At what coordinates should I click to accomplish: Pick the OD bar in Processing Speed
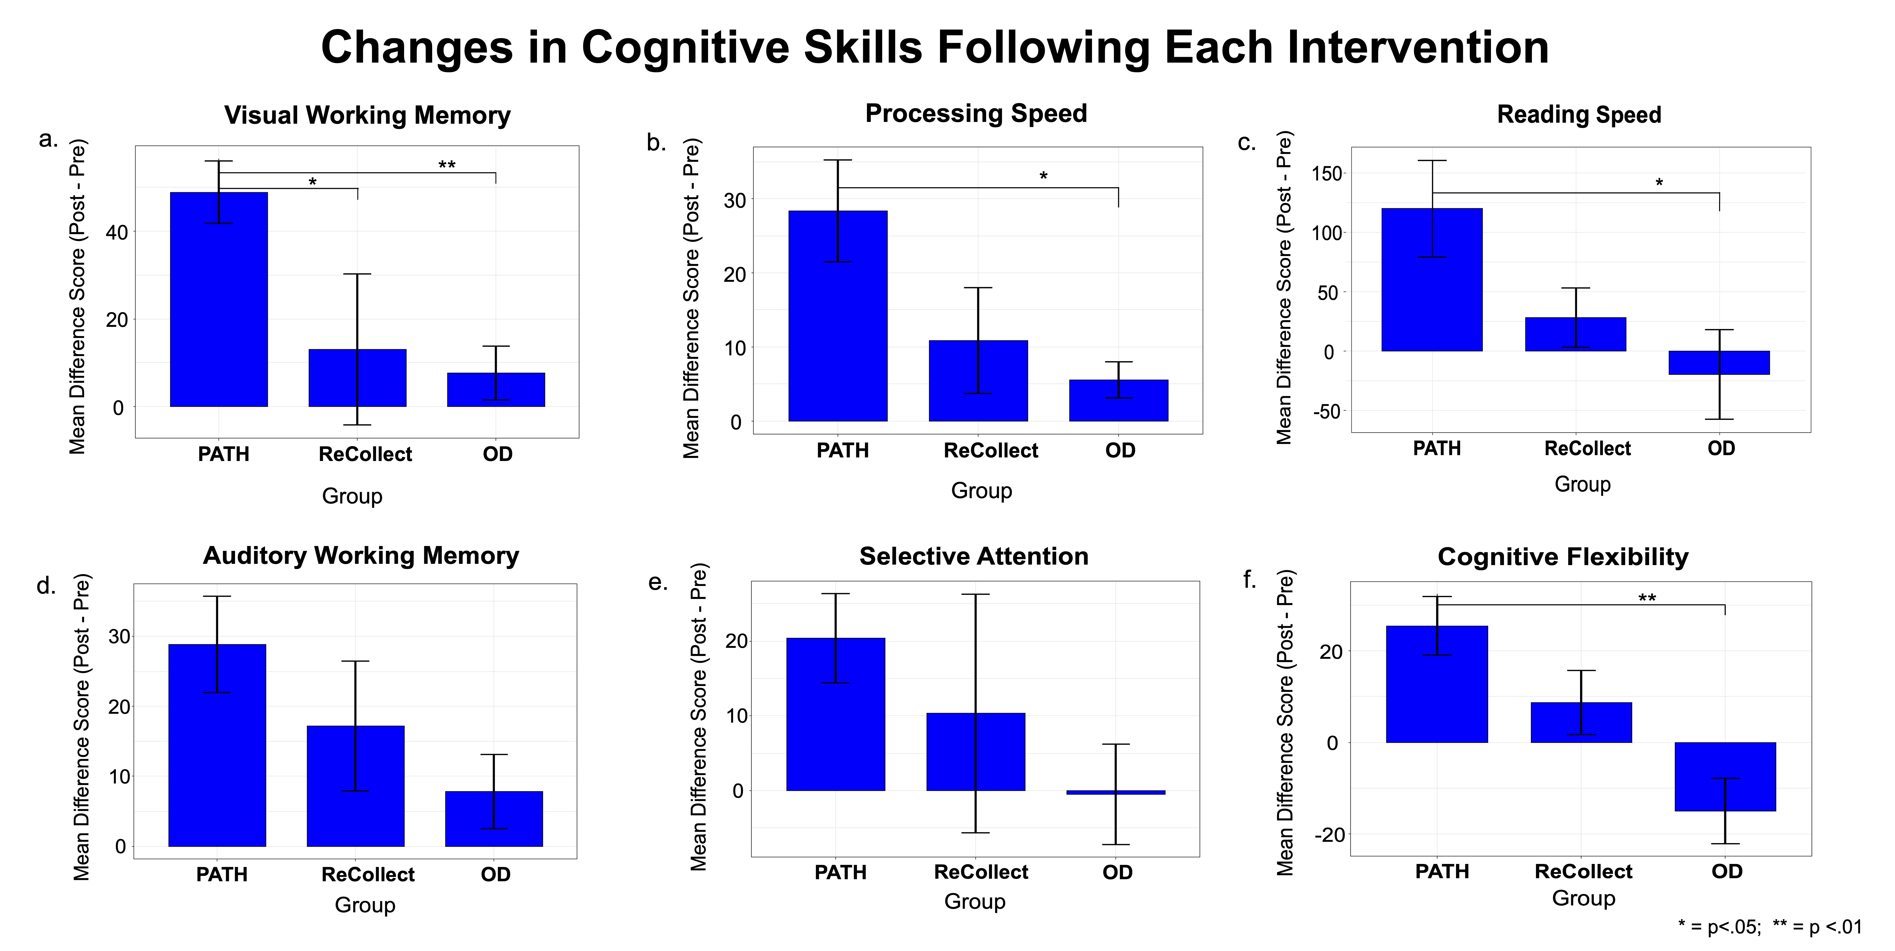(1118, 401)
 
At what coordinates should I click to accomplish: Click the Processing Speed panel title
(975, 113)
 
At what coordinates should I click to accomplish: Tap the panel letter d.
(46, 586)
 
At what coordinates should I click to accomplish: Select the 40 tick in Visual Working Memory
(117, 232)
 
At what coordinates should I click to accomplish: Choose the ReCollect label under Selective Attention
(981, 872)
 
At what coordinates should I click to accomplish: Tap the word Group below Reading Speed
(1582, 484)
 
